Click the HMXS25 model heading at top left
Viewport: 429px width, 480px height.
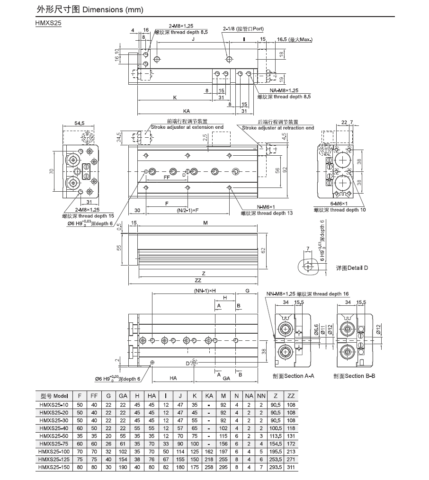point(48,23)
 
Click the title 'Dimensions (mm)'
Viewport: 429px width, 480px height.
point(113,9)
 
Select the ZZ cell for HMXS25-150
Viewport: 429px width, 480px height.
point(291,467)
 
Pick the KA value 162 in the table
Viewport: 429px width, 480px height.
point(209,452)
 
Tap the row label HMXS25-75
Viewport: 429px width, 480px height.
point(54,444)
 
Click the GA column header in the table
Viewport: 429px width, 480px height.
point(123,396)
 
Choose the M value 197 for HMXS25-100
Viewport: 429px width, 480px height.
point(223,452)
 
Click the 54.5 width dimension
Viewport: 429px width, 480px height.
point(79,123)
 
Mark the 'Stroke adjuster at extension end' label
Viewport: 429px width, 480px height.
point(187,127)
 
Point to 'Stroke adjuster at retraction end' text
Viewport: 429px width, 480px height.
point(278,128)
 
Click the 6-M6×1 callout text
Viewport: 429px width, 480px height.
point(339,204)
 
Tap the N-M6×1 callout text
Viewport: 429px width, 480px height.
point(266,207)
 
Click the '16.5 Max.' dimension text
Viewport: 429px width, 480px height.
point(295,39)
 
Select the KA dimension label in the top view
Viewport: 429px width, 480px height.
point(187,111)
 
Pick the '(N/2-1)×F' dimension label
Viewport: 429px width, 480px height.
point(188,211)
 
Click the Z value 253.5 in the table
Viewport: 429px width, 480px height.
point(275,460)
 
